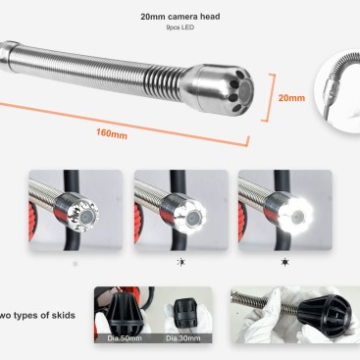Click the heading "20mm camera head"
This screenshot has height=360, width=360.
click(180, 17)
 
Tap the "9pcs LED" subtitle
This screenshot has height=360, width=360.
click(180, 27)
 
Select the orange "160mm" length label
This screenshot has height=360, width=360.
click(112, 133)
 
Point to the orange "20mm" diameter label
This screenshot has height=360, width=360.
click(291, 98)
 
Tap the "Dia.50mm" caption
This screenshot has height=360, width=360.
click(125, 338)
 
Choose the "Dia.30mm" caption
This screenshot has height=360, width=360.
click(182, 338)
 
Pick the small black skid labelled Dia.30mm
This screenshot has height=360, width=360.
click(185, 313)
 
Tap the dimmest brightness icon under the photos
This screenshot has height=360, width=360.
click(76, 263)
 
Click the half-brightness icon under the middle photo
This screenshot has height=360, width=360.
click(180, 262)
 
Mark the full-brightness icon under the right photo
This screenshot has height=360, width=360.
click(285, 262)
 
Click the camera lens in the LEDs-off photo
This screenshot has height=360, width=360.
click(86, 215)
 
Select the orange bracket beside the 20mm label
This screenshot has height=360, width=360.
click(269, 97)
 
